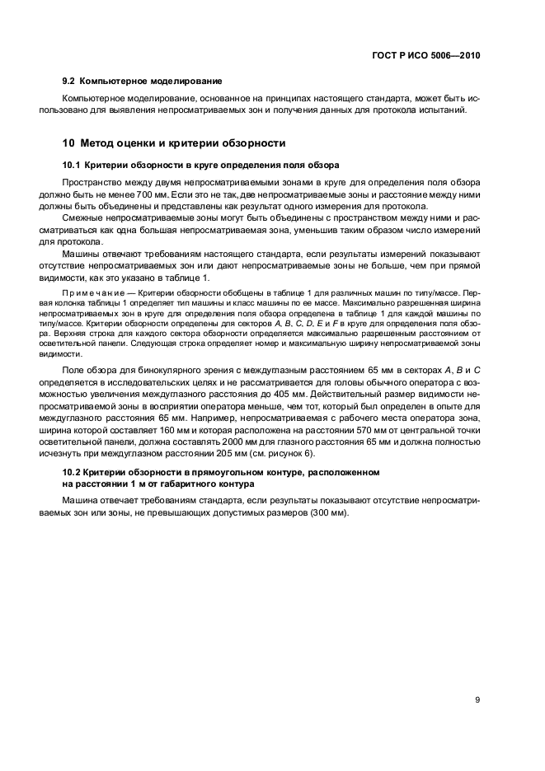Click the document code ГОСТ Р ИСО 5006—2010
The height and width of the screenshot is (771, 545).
tap(423, 55)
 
